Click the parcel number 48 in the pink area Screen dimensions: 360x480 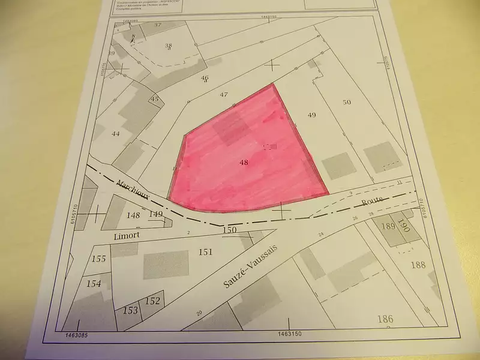tap(243, 162)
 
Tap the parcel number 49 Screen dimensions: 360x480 tap(311, 114)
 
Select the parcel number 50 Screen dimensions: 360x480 tap(346, 102)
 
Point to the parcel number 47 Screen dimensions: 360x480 tap(224, 95)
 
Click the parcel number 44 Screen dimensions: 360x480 tap(116, 134)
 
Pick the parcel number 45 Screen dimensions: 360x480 tap(155, 99)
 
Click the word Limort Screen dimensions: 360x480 tap(126, 236)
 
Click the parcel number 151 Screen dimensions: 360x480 tap(206, 252)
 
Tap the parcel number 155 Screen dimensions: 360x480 tap(100, 259)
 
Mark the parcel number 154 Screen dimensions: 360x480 tap(94, 283)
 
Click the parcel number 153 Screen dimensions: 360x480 tap(131, 310)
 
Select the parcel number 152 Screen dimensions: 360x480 tap(153, 301)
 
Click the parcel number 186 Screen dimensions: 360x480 tap(386, 319)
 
